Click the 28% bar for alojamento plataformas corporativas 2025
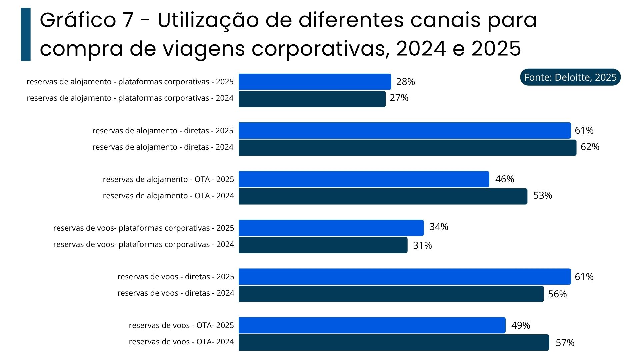[315, 82]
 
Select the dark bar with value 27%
[312, 99]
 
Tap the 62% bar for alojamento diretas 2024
[407, 148]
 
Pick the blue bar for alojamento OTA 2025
[364, 179]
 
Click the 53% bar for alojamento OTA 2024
[383, 196]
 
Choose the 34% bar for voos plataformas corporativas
[331, 228]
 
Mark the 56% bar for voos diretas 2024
[391, 294]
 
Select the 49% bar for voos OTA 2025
[372, 325]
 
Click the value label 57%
[565, 343]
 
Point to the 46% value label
[505, 179]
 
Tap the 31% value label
[422, 245]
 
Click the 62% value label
[590, 147]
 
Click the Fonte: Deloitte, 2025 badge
[570, 77]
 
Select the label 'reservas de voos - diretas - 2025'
[176, 277]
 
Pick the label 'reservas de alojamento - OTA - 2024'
[168, 196]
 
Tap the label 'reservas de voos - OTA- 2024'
[181, 342]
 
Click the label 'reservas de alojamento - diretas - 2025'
[163, 131]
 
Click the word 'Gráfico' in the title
[78, 20]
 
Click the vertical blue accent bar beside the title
[26, 34]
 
